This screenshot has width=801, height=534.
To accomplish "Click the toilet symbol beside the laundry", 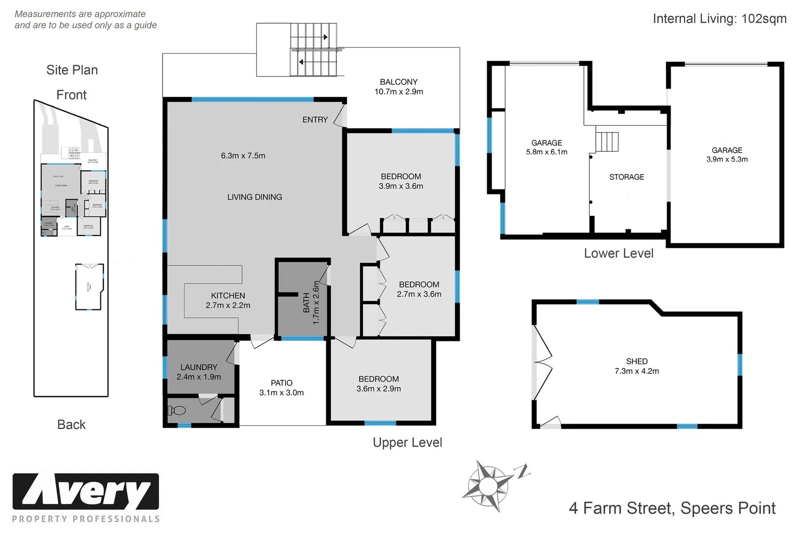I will [177, 410].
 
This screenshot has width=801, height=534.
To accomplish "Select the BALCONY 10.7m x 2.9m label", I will [399, 87].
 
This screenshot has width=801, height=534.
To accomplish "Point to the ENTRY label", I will [315, 120].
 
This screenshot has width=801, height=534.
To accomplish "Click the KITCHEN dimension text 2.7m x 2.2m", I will [228, 306].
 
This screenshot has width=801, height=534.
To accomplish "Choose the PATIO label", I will [281, 383].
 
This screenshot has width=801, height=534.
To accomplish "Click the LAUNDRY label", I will [198, 367].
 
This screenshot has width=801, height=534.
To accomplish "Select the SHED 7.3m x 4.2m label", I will [636, 366].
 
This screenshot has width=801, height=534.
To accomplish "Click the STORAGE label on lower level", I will [626, 177].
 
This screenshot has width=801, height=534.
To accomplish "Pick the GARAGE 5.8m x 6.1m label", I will [546, 147].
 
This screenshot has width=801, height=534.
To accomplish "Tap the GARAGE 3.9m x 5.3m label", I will [726, 155].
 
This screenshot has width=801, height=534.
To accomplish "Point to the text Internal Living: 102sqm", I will [719, 19].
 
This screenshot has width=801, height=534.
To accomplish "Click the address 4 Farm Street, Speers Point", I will [672, 508].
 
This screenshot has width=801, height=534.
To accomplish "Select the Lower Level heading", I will [619, 254].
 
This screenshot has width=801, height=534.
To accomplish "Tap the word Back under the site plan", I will [71, 425].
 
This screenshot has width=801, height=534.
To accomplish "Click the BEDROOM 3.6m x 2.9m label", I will [379, 384].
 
